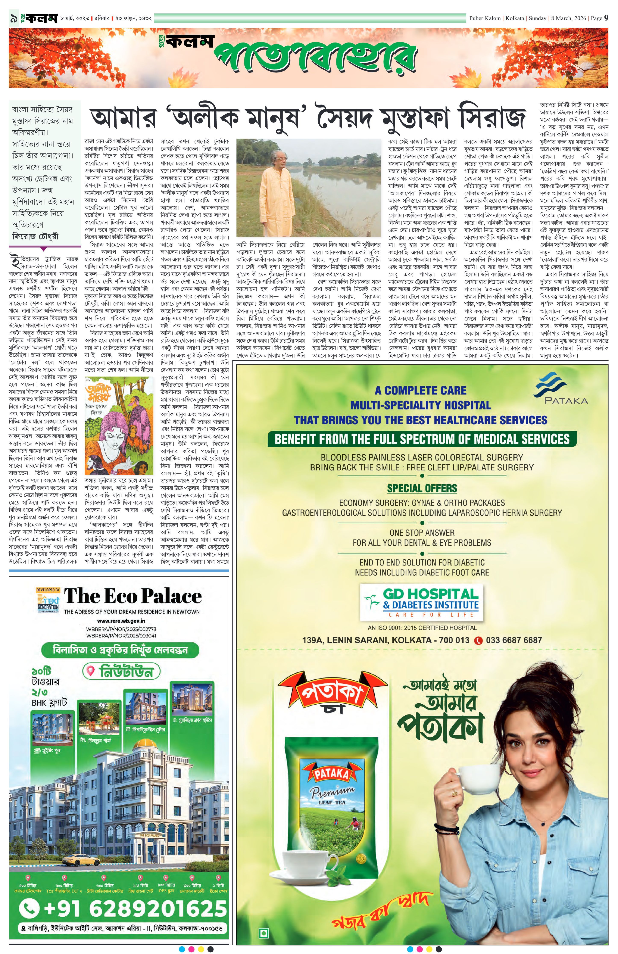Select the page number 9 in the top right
click(606, 18)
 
